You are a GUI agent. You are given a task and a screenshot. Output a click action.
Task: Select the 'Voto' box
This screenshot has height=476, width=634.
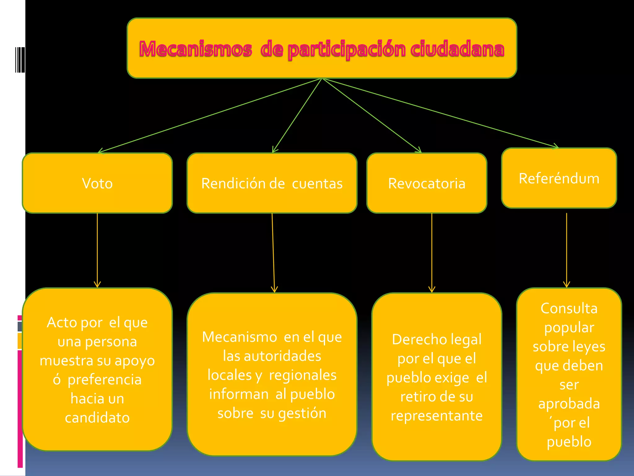pyautogui.click(x=97, y=183)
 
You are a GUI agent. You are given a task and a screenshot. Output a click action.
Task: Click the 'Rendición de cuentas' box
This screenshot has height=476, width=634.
pyautogui.click(x=272, y=183)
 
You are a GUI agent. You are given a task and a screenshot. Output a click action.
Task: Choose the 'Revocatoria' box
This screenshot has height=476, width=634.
pyautogui.click(x=427, y=183)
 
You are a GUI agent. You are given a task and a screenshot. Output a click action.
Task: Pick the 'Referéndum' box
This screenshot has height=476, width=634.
pyautogui.click(x=559, y=178)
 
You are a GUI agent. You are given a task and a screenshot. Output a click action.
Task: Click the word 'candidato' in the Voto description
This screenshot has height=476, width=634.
pyautogui.click(x=97, y=418)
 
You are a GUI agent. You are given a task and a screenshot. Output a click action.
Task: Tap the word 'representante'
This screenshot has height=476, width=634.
pyautogui.click(x=436, y=416)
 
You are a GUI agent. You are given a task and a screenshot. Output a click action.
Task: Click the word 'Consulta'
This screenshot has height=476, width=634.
pyautogui.click(x=569, y=308)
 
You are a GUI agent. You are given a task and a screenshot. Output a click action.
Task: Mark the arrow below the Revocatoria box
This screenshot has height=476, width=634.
pyautogui.click(x=432, y=252)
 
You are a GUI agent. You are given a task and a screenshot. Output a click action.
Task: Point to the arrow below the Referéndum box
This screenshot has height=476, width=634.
pyautogui.click(x=567, y=250)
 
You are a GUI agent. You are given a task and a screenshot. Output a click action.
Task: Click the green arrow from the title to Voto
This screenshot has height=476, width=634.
pyautogui.click(x=209, y=116)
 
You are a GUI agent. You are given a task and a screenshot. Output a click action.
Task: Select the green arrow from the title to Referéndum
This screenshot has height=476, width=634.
pyautogui.click(x=440, y=113)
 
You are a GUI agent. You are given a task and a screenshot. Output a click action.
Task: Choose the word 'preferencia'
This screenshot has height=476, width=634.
pyautogui.click(x=105, y=380)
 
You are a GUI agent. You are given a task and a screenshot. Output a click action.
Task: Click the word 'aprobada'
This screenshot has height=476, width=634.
pyautogui.click(x=569, y=404)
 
